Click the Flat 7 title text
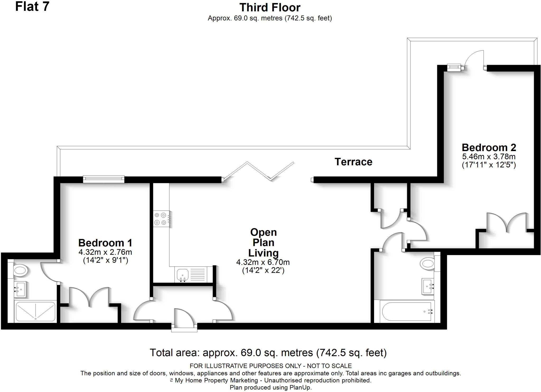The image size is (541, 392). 32,7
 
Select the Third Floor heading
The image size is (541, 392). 270,8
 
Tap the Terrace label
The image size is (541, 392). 353,162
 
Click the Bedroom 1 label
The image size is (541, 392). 105,243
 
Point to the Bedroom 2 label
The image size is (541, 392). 489,147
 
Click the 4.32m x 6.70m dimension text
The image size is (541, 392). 263,262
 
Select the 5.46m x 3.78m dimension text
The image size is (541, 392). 489,157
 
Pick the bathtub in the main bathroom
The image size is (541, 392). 407,311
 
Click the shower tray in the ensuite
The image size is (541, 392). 35,311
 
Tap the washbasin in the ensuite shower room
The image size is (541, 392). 20,289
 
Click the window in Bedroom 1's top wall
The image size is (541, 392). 104,179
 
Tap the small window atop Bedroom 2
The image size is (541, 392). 454,67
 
